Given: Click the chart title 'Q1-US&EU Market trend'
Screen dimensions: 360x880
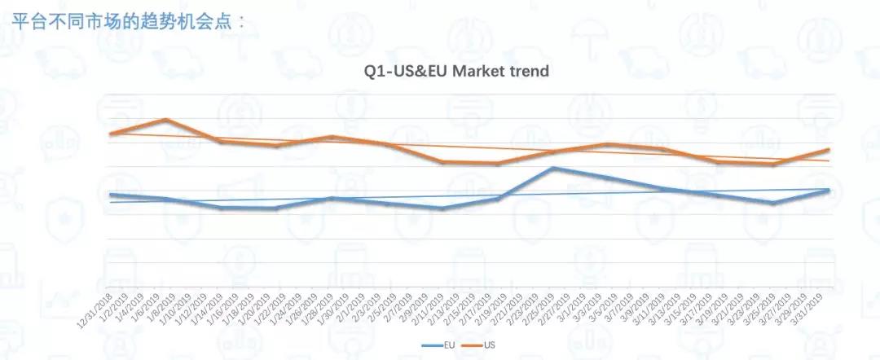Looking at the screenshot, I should pos(455,71).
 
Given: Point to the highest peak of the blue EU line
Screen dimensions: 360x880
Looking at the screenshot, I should pos(553,169).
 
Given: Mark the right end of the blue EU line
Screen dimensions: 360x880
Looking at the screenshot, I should pos(829,190).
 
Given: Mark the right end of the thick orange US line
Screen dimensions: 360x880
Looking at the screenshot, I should pos(829,150).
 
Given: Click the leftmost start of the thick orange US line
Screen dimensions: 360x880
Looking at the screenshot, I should pos(110,134).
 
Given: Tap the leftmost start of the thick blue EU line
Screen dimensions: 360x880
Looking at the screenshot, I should pos(110,195).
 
